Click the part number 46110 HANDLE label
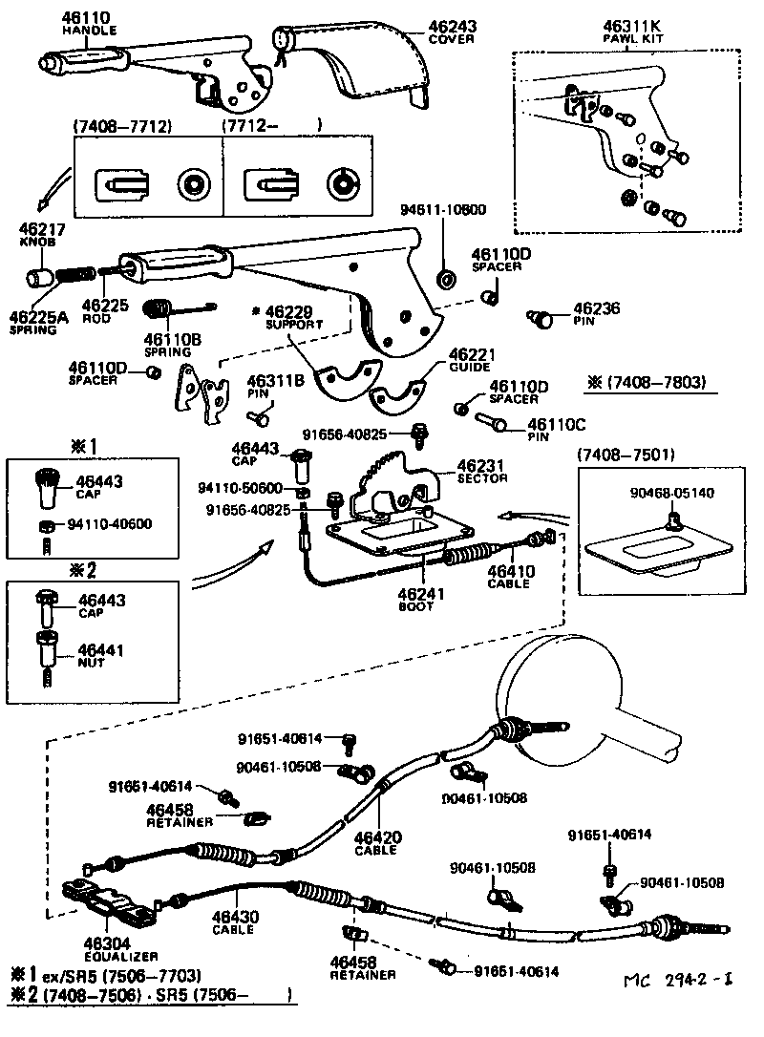[x=89, y=23]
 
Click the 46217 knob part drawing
[x=39, y=279]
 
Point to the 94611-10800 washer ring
[x=446, y=278]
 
